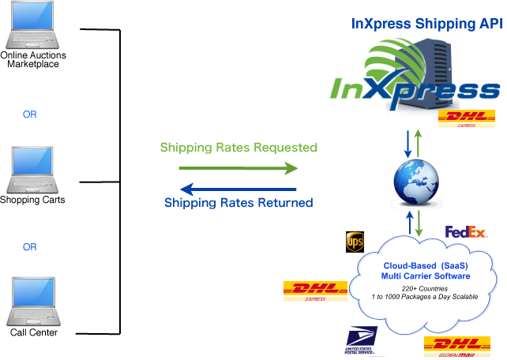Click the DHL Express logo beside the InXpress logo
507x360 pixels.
[x=466, y=119]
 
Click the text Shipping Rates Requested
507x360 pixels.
[x=238, y=148]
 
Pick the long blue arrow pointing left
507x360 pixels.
[x=238, y=189]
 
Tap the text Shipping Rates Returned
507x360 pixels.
[x=238, y=203]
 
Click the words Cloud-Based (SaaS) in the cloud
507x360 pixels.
[x=426, y=265]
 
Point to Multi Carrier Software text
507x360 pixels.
[x=426, y=276]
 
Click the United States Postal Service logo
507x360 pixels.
[x=364, y=341]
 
